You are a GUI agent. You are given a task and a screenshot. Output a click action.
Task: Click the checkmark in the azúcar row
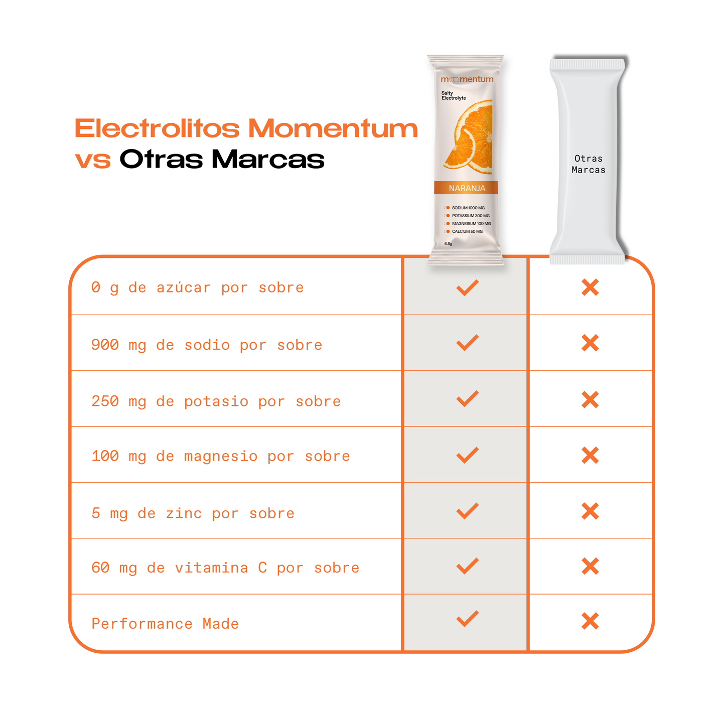pyautogui.click(x=467, y=287)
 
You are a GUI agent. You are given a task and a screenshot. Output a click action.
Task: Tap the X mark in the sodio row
pyautogui.click(x=590, y=344)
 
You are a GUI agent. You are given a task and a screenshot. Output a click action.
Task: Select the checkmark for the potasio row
pyautogui.click(x=467, y=399)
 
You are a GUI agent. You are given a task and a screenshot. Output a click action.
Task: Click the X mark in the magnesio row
pyautogui.click(x=590, y=456)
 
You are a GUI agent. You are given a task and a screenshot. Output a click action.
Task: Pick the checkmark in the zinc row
pyautogui.click(x=467, y=511)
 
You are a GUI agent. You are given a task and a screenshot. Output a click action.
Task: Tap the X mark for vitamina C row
pyautogui.click(x=590, y=566)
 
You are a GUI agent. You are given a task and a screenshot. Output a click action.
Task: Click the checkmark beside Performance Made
pyautogui.click(x=467, y=619)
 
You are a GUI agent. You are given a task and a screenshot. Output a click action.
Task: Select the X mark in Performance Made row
pyautogui.click(x=590, y=621)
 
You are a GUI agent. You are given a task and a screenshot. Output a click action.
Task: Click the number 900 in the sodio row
pyautogui.click(x=105, y=345)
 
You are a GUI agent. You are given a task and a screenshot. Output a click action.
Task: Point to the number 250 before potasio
pyautogui.click(x=105, y=401)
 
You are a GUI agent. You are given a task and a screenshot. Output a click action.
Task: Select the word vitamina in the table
pyautogui.click(x=211, y=568)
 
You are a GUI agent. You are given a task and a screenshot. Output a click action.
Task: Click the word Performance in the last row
pyautogui.click(x=142, y=624)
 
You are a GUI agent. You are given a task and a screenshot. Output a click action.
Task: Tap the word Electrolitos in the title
pyautogui.click(x=157, y=128)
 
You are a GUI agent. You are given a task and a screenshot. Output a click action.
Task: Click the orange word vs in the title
pyautogui.click(x=93, y=160)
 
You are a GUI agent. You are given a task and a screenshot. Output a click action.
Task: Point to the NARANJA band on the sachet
pyautogui.click(x=467, y=188)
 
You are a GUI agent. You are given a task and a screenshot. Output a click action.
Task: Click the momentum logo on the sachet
pyautogui.click(x=467, y=79)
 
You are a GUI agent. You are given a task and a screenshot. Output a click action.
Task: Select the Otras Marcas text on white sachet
pyautogui.click(x=588, y=164)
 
